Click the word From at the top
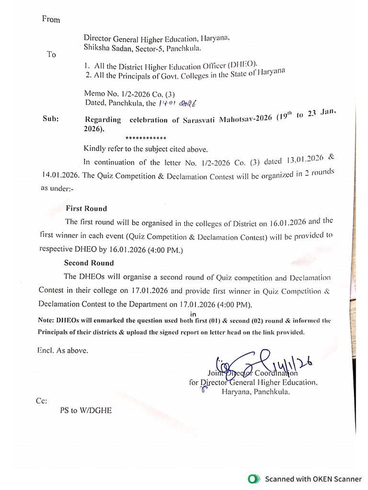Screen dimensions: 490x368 (51, 20)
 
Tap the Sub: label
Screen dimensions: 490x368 (51, 120)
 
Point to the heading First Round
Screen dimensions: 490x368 (86, 209)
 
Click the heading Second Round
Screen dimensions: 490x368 (89, 263)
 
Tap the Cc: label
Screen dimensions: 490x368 (42, 401)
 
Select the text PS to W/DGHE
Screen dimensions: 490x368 (86, 410)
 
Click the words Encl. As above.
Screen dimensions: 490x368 (63, 350)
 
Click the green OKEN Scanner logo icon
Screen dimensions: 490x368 (253, 479)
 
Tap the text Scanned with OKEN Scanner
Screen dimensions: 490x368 (313, 479)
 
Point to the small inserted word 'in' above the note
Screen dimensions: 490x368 (194, 314)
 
